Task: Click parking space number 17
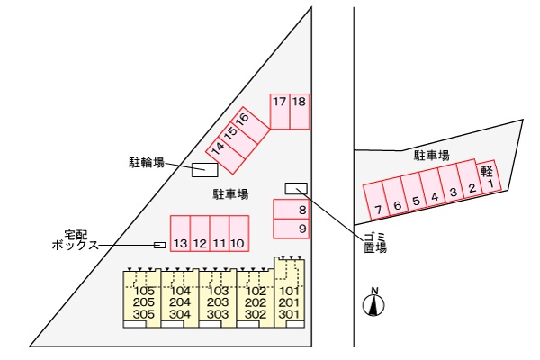(280, 112)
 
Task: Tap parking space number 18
(300, 112)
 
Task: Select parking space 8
(292, 209)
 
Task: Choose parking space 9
(292, 229)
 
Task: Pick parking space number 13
(180, 234)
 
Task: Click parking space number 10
(239, 234)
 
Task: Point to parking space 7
(375, 201)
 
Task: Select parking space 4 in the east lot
(432, 188)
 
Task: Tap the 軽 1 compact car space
(488, 176)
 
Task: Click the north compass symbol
(374, 303)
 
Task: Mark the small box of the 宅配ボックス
(159, 245)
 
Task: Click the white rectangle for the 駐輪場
(205, 170)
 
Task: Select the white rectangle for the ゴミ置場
(296, 188)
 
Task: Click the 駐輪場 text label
(147, 162)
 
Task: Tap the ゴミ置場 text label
(375, 242)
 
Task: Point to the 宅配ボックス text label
(76, 240)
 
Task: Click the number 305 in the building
(144, 314)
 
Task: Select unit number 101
(290, 291)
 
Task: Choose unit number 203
(218, 302)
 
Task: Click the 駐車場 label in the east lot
(431, 156)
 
